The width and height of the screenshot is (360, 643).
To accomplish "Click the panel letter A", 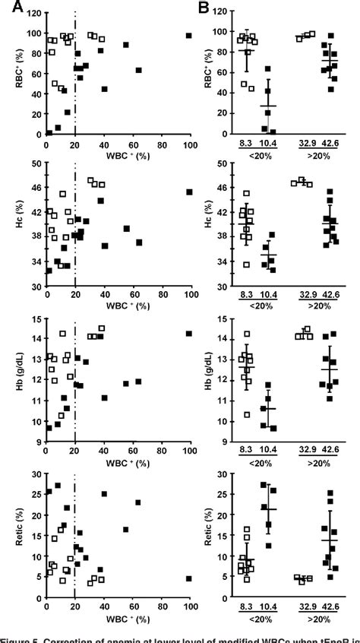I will [x=10, y=7].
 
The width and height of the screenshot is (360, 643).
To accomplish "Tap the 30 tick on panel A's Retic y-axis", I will [x=36, y=474].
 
